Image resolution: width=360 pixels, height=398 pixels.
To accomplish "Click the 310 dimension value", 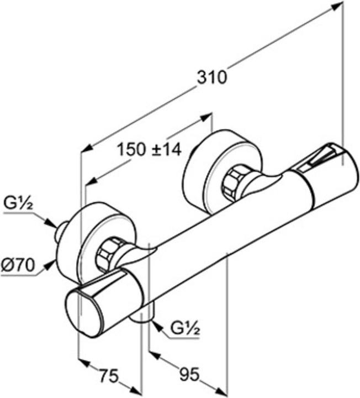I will click(212, 77).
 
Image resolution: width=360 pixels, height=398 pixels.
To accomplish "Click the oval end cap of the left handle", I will click(83, 310).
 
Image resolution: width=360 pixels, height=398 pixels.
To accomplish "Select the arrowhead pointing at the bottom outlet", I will click(156, 326).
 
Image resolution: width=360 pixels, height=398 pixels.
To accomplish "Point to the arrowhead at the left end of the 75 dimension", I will click(83, 363).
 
